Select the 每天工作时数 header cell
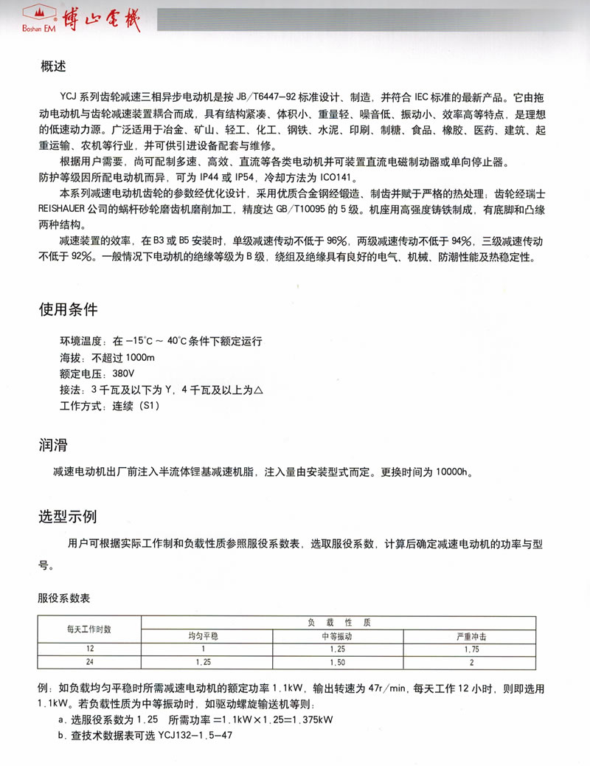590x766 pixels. (88, 628)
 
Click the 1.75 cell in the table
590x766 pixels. (471, 649)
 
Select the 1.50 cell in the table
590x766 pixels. (338, 662)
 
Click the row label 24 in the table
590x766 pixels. (88, 662)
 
